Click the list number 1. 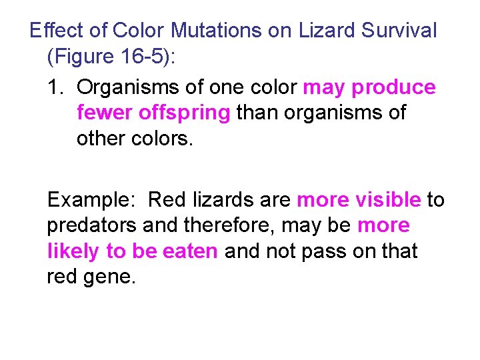point(56,87)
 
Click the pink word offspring point(184,113)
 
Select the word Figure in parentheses point(82,57)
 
